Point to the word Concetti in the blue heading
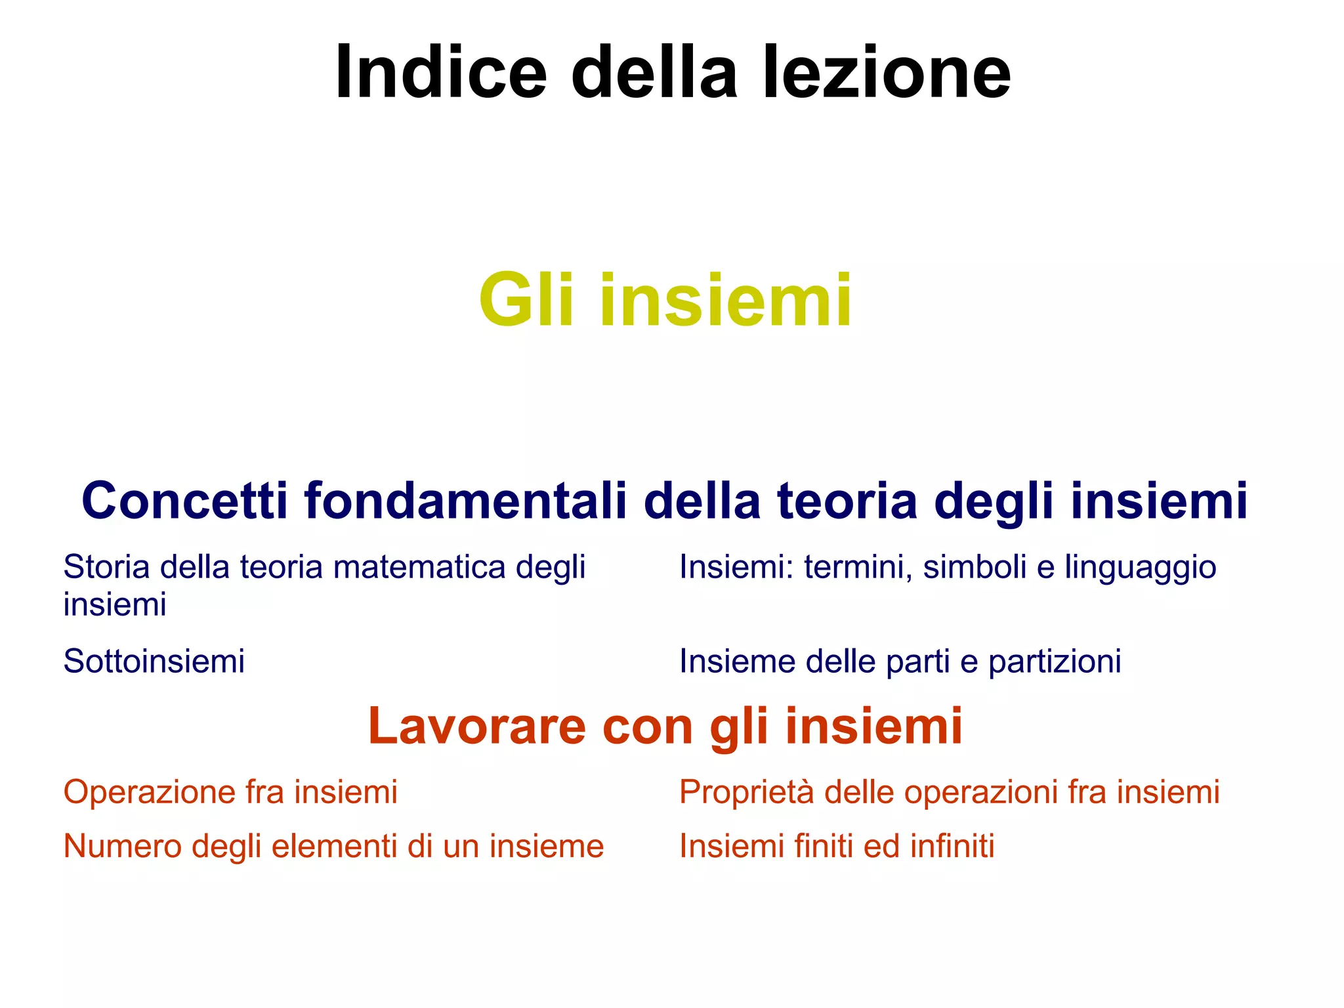tap(184, 501)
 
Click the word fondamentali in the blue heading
tap(465, 501)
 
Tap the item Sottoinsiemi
tap(154, 661)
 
